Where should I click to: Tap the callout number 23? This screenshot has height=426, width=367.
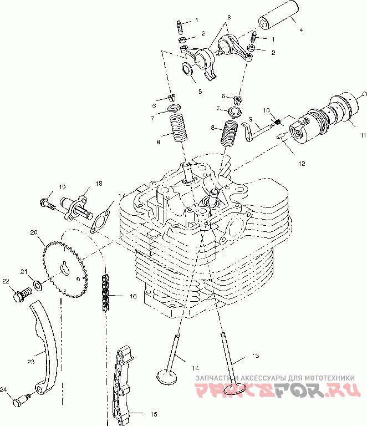click(x=30, y=361)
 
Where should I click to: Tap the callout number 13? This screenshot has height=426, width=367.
click(x=255, y=355)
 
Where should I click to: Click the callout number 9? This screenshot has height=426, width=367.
click(x=250, y=119)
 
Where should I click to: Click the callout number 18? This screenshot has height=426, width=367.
click(x=99, y=184)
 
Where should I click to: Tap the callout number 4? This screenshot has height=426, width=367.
click(x=300, y=30)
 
